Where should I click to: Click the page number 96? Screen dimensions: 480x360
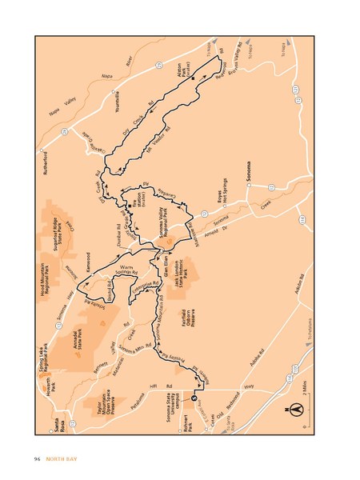[x=37, y=458]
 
